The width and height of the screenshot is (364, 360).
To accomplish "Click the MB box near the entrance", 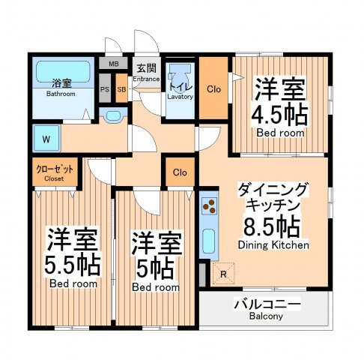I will [114, 64].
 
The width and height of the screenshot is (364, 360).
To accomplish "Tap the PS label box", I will [105, 89].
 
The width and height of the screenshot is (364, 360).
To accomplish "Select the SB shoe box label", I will [121, 89].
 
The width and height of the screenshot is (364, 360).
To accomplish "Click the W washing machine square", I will [46, 138].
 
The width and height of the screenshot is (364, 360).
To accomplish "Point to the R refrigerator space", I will [224, 274].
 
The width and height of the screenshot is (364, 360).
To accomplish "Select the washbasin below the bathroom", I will [112, 115].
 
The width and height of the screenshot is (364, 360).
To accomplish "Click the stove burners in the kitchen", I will [210, 207].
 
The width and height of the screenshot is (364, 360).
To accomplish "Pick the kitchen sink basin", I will [209, 242].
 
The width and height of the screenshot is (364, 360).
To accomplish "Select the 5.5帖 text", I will [73, 263].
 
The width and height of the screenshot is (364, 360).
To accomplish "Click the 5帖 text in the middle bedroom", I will [157, 265].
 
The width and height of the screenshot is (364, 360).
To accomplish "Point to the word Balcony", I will [267, 316].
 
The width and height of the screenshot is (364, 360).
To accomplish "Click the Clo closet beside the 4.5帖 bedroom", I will [213, 88].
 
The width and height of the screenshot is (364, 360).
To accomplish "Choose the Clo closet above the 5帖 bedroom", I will [180, 172].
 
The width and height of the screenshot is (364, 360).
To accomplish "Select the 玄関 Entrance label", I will [146, 72].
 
